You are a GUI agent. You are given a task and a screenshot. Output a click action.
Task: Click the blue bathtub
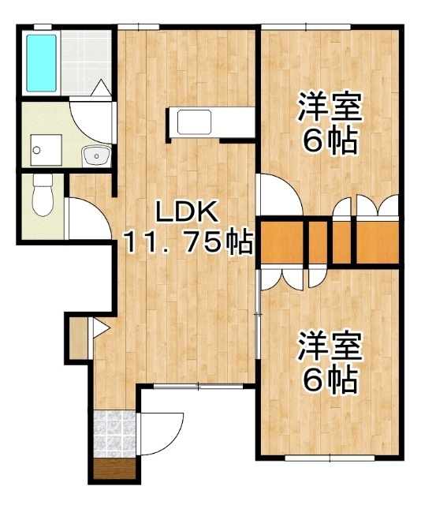click(x=40, y=62)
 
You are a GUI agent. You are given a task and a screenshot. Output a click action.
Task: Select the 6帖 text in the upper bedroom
click(x=329, y=142)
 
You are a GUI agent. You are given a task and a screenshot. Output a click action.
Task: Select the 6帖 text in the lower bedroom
click(x=329, y=381)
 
